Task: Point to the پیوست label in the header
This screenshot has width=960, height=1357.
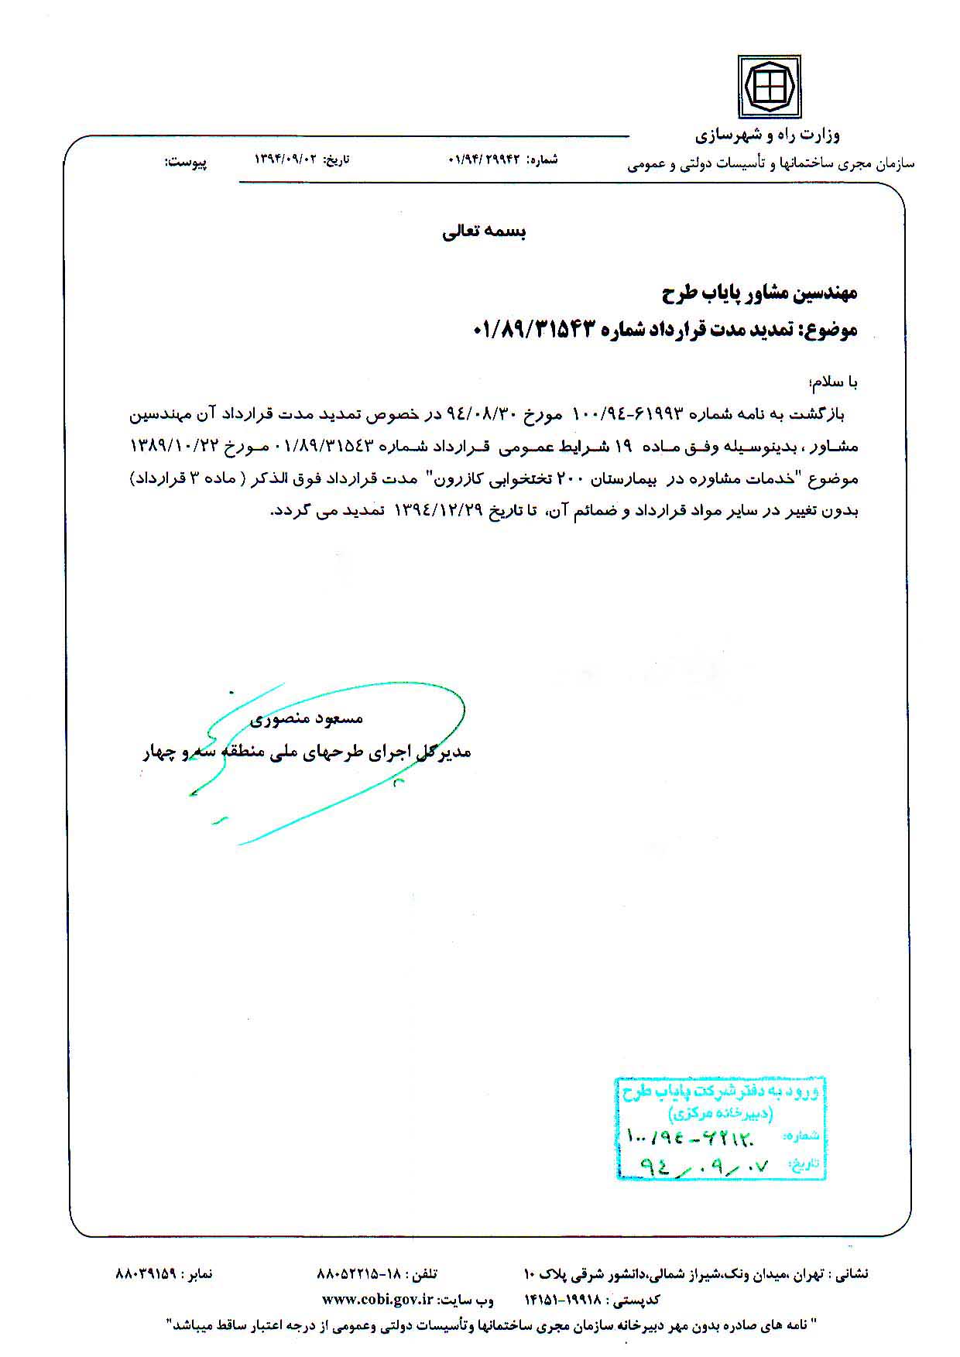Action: (x=186, y=163)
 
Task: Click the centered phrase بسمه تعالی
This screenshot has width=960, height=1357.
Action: (x=484, y=231)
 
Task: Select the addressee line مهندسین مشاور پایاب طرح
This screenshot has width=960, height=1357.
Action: (x=759, y=293)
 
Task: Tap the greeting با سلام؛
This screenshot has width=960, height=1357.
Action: (x=832, y=382)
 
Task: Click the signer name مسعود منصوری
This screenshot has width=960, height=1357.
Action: (x=307, y=718)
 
